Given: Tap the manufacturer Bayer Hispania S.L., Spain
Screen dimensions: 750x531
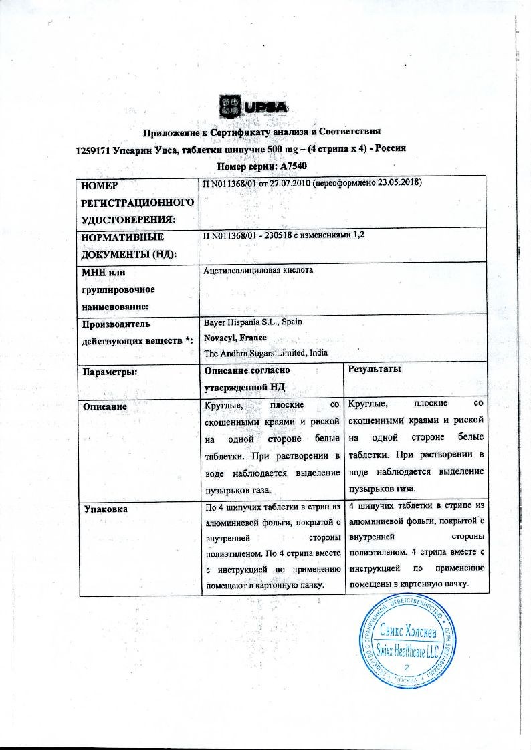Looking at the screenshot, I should coord(252,322).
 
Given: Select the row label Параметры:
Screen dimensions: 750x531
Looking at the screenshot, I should coord(108,371).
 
